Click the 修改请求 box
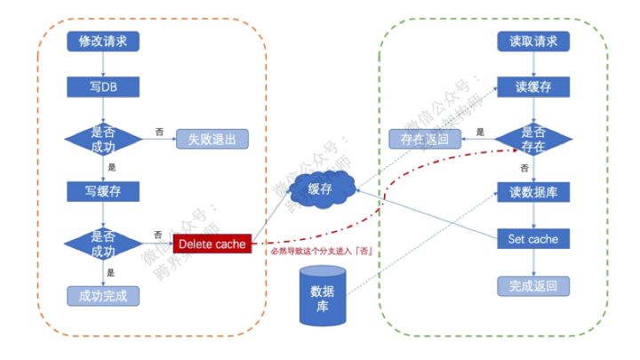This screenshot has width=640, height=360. tap(104, 41)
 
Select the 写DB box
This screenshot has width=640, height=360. tap(104, 87)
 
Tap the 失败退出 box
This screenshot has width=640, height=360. tap(212, 139)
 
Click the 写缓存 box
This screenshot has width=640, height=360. tap(104, 190)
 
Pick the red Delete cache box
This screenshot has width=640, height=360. tap(212, 243)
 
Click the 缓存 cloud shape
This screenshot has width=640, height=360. tap(320, 189)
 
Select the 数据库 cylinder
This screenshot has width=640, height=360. tap(322, 296)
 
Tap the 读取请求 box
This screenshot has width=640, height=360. tap(533, 41)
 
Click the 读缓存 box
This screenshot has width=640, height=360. tap(533, 87)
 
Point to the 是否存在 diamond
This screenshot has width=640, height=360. tap(533, 139)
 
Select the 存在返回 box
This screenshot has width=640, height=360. tap(425, 139)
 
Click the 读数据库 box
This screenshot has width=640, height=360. tap(533, 191)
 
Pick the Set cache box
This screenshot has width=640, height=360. tap(533, 239)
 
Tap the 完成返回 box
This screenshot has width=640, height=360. tap(533, 285)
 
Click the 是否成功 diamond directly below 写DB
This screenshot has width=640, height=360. tap(104, 139)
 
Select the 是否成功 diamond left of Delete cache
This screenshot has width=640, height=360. tap(104, 243)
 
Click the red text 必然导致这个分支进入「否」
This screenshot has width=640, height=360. tap(320, 252)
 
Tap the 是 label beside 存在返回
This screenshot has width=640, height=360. tap(480, 132)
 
